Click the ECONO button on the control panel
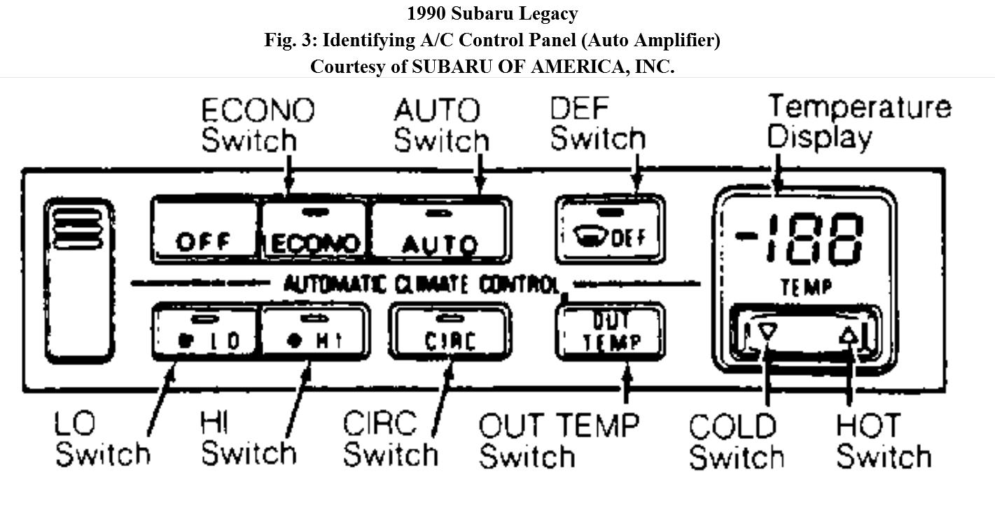[x=314, y=231]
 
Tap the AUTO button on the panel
[x=440, y=231]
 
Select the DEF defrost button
[x=609, y=229]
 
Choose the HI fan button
[x=316, y=332]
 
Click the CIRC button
[x=450, y=332]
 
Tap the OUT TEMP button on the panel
[x=609, y=332]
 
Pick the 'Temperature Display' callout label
[x=858, y=121]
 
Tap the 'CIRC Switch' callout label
[x=389, y=439]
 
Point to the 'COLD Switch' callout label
[x=735, y=442]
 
